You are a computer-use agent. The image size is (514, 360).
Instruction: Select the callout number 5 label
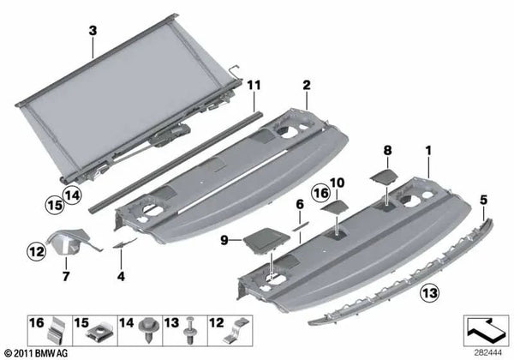(x=485, y=200)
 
